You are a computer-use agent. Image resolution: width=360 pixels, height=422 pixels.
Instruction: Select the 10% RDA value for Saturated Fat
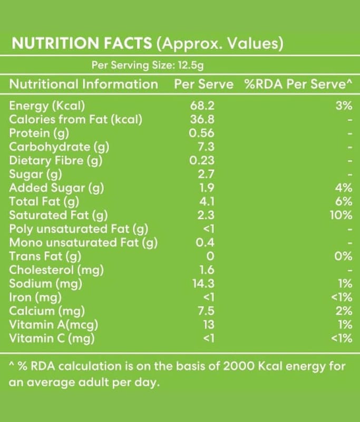[x=342, y=215]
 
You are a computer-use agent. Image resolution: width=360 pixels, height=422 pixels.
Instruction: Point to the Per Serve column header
[x=203, y=84]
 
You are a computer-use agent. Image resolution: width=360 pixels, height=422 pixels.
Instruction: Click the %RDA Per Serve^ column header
[x=298, y=84]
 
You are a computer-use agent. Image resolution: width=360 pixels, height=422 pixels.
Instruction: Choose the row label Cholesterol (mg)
[x=57, y=270]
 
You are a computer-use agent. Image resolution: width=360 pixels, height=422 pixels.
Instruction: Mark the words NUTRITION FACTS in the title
[x=82, y=43]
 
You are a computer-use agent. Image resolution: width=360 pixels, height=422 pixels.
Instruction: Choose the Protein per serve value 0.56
[x=203, y=133]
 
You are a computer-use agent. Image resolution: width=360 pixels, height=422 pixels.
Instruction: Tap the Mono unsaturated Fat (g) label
[x=84, y=243]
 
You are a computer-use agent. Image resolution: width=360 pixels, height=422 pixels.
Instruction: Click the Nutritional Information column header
[x=84, y=84]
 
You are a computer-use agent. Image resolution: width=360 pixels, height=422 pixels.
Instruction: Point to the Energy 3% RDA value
[x=343, y=105]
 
